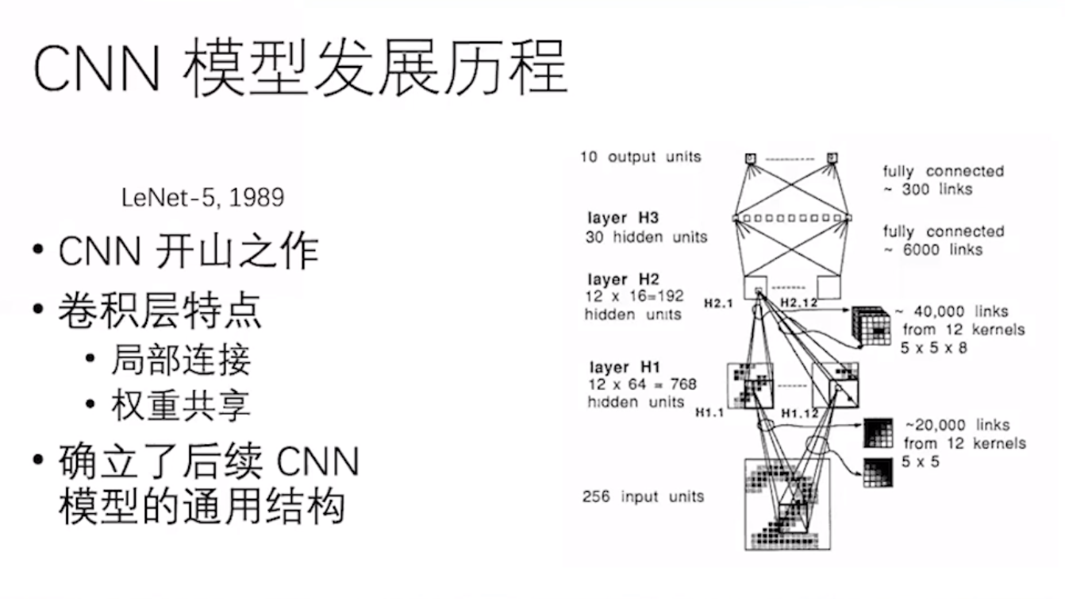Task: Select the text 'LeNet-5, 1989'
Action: tap(203, 198)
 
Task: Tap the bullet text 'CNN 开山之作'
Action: tap(189, 251)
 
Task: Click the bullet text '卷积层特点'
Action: tap(160, 311)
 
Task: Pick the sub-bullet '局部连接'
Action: tap(181, 359)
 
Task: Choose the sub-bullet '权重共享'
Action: tap(181, 405)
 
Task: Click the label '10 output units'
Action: tap(640, 157)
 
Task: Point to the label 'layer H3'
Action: tap(623, 218)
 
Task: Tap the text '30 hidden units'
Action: tap(647, 237)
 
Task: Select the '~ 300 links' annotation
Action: tap(928, 189)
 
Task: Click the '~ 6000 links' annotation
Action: tap(932, 249)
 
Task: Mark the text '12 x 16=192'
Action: tap(634, 296)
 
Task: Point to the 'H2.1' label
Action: tap(718, 303)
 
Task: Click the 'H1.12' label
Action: tap(800, 413)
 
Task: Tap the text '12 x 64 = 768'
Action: tap(642, 385)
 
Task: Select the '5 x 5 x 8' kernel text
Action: tap(934, 348)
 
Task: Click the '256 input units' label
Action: tap(644, 497)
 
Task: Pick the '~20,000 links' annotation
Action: tap(958, 425)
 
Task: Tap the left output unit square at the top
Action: tap(750, 158)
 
